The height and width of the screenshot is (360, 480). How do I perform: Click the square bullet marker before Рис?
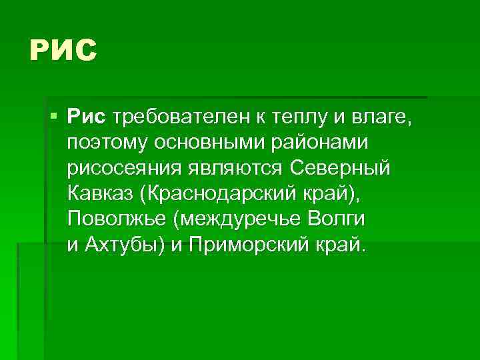click(x=53, y=117)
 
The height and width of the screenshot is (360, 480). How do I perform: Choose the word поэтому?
click(x=109, y=144)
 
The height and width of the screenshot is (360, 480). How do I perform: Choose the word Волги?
click(x=340, y=219)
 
